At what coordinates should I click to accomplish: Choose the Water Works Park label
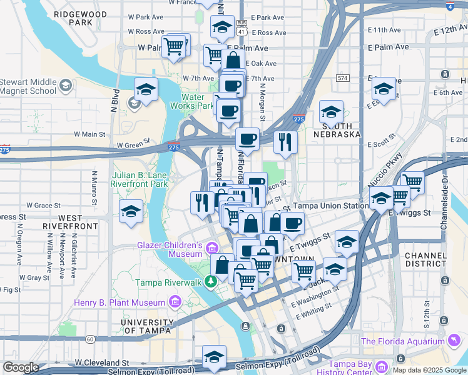click(198, 101)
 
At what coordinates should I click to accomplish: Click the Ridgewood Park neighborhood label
click(76, 17)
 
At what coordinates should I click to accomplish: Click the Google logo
click(21, 367)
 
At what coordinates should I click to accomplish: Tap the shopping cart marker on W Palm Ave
click(175, 46)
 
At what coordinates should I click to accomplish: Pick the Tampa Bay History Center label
click(350, 368)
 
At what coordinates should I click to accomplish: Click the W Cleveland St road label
click(101, 362)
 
